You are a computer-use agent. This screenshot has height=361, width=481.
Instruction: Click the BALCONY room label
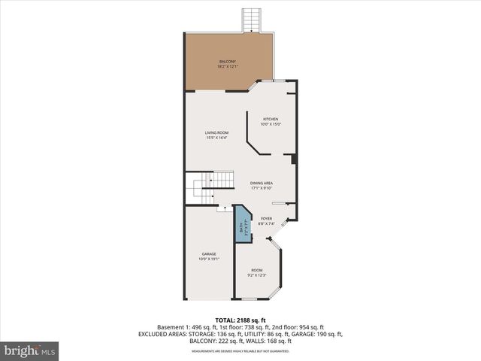point(228,62)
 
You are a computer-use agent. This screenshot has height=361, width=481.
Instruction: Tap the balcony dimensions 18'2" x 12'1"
point(228,67)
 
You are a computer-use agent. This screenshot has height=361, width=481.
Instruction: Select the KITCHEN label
point(271,119)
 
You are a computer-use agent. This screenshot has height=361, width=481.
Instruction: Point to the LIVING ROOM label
point(216,133)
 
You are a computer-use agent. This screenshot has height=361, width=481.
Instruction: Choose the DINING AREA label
point(262,183)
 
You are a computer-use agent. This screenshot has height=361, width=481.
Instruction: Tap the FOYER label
point(267,219)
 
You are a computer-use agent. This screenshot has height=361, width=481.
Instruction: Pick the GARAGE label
point(209,253)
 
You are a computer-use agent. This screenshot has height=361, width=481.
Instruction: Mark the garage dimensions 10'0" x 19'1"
point(209,259)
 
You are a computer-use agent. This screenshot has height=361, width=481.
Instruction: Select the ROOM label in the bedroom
point(257,270)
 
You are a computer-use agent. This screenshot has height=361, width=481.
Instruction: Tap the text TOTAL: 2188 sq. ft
point(240,320)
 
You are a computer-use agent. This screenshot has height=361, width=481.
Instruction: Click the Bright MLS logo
point(30,350)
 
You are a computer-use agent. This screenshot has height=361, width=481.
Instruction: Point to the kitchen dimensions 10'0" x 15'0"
point(271,124)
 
